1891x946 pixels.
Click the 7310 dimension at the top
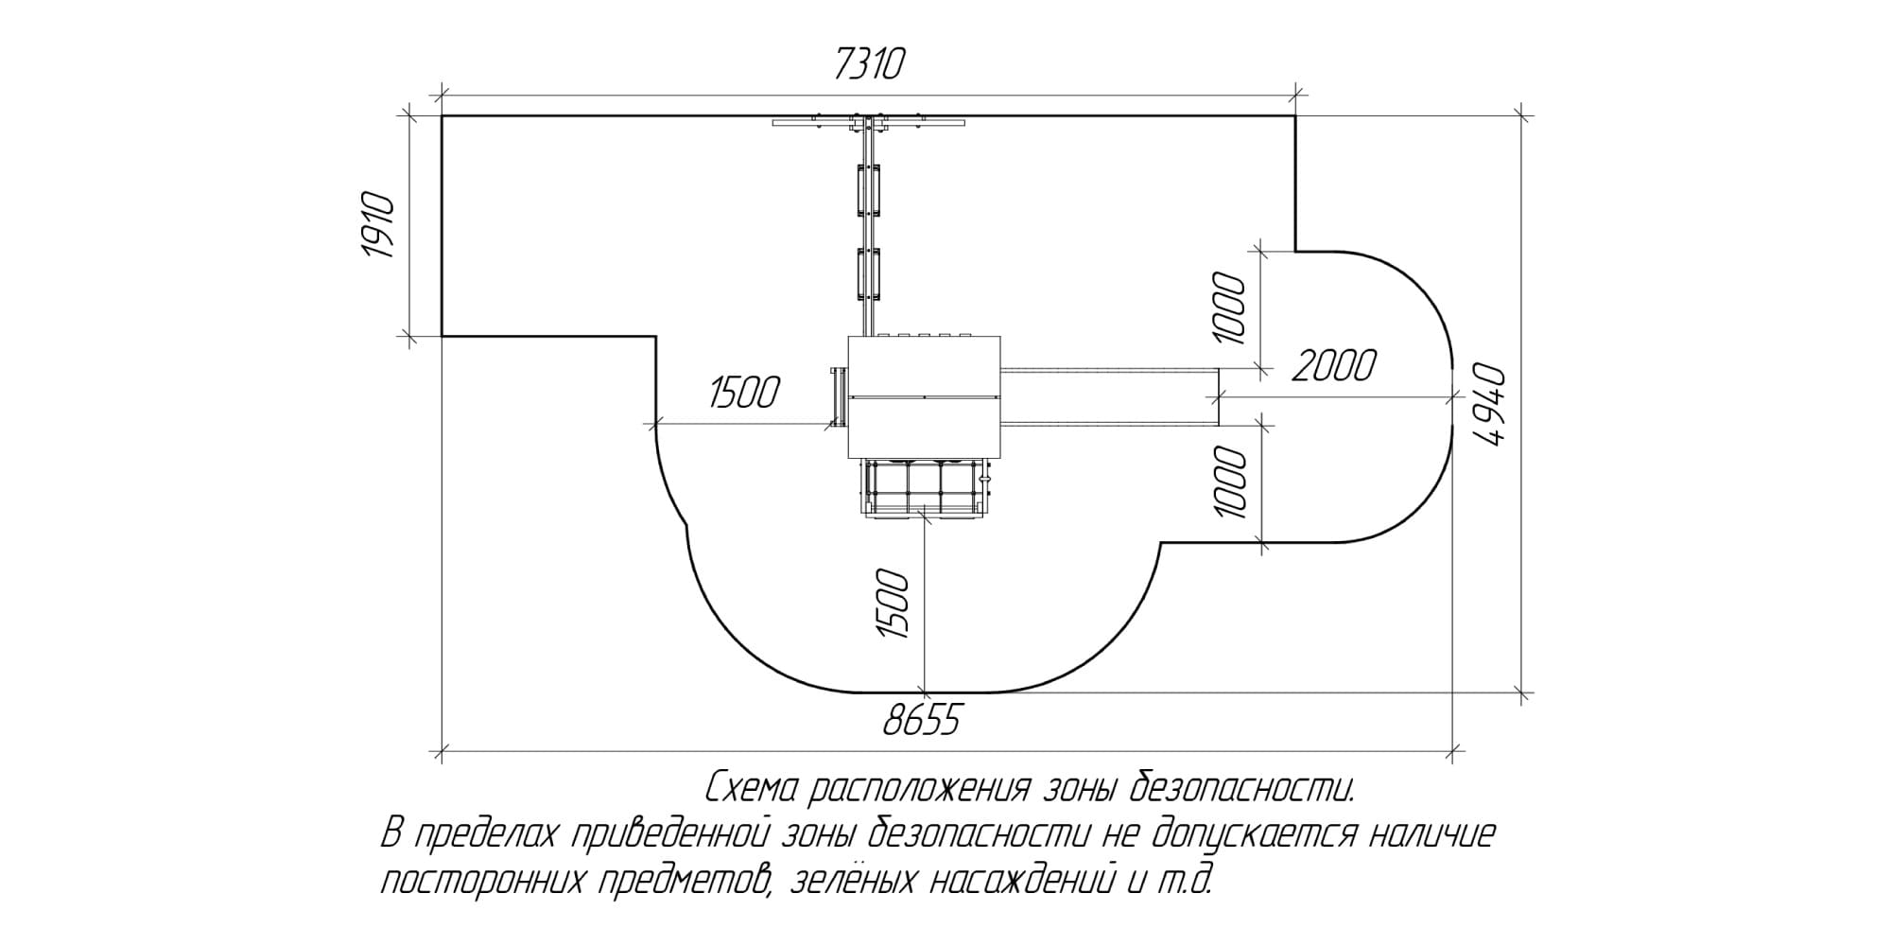870,65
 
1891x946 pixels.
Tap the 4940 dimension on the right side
1488,404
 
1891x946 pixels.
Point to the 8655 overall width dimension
922,722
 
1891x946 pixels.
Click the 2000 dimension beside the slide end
1333,366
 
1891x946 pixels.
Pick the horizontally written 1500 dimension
745,393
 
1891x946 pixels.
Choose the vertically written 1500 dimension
893,604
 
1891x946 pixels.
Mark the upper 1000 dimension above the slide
1229,307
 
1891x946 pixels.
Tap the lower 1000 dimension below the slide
1229,482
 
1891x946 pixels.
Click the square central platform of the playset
924,397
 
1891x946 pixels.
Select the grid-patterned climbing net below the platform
924,488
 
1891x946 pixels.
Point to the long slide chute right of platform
1110,396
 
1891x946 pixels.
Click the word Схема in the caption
754,787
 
